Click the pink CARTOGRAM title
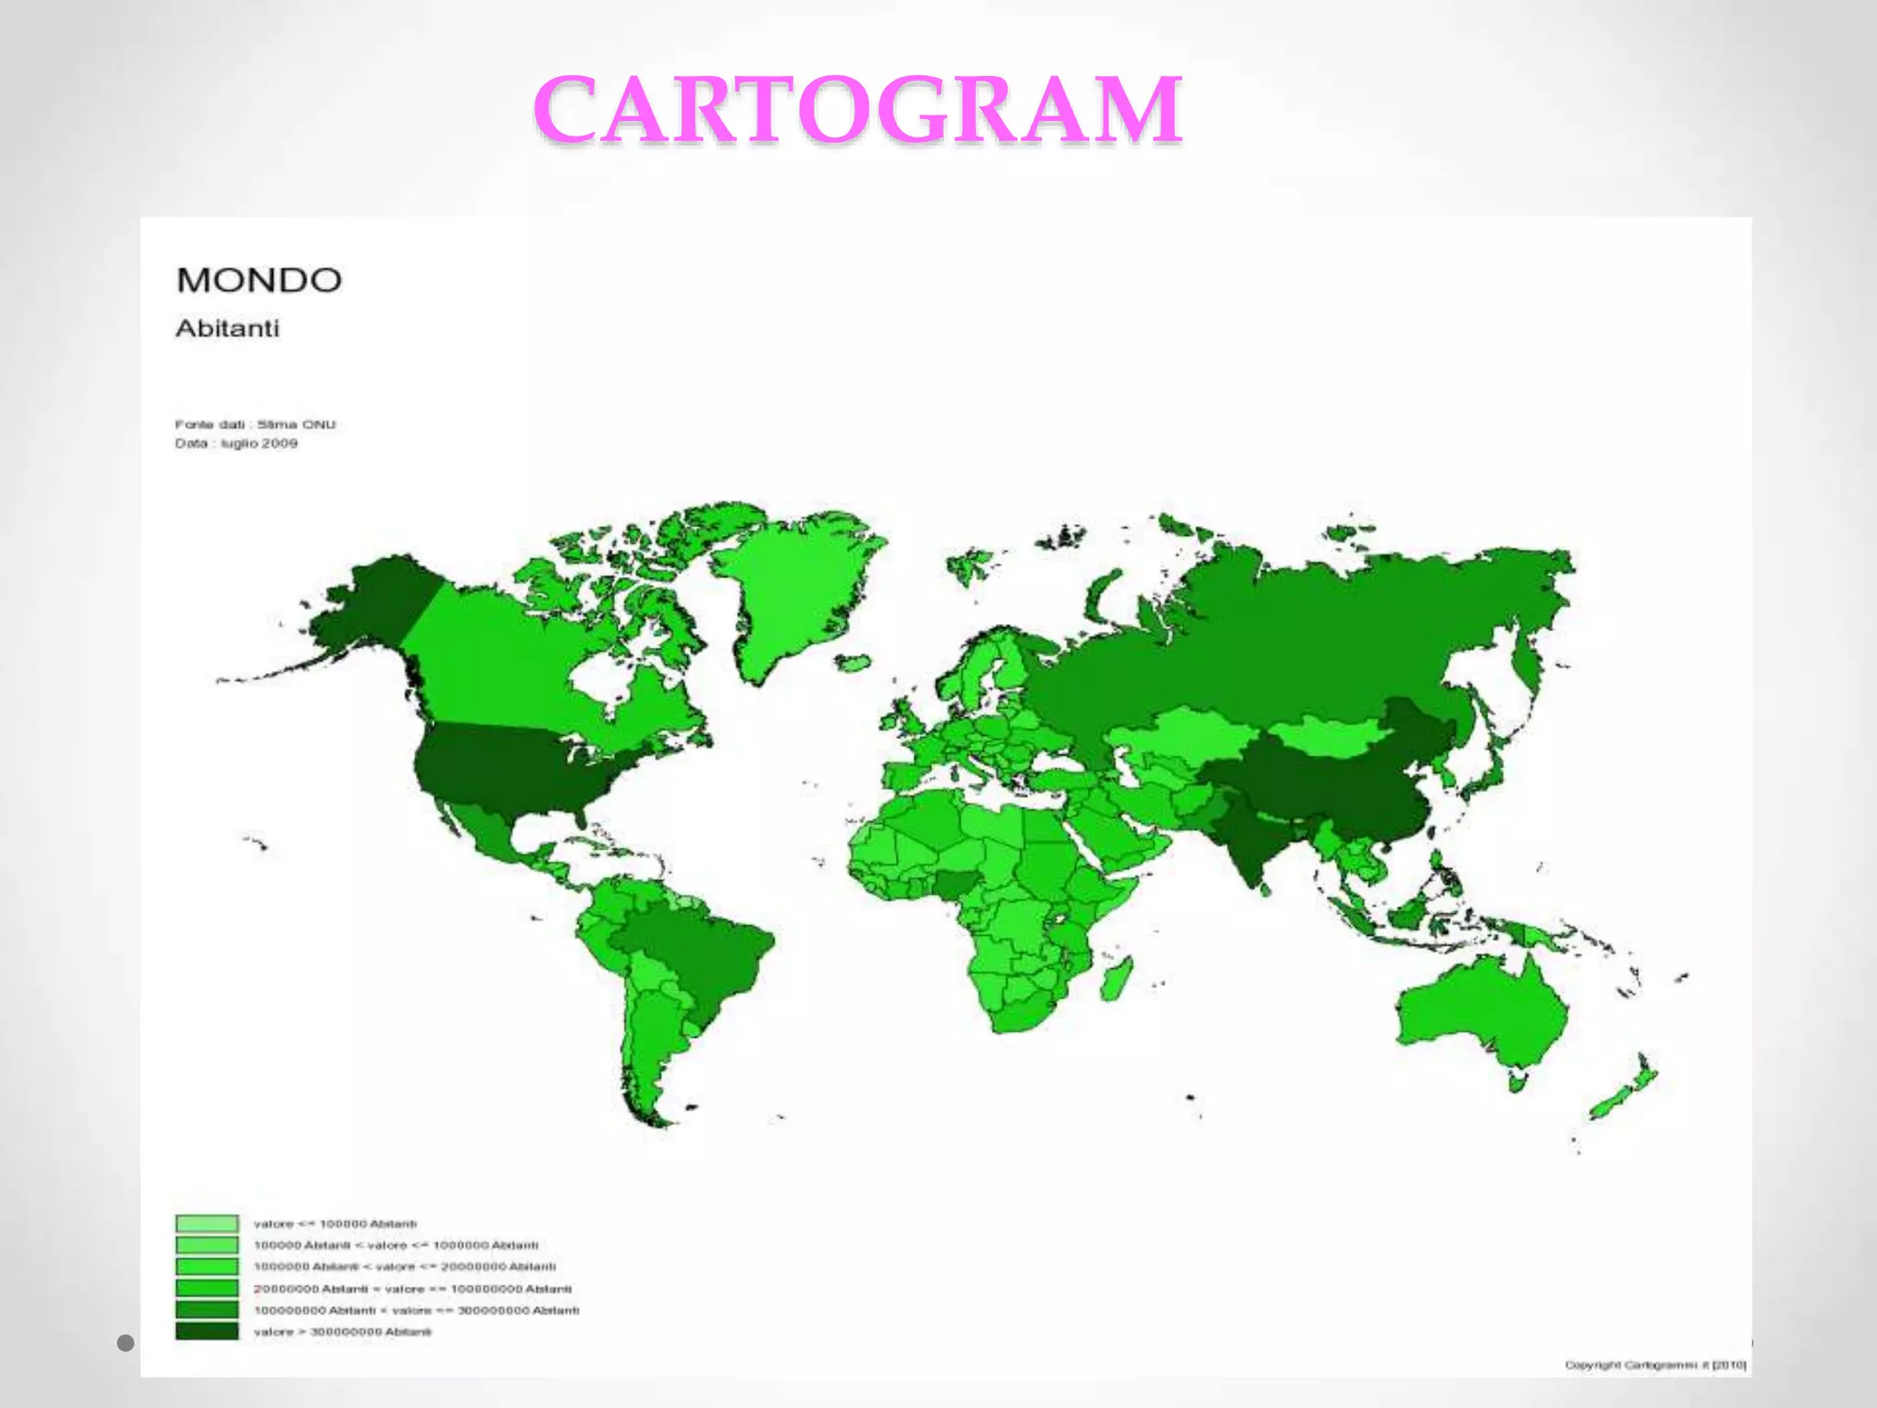[x=858, y=110]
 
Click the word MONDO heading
[x=258, y=280]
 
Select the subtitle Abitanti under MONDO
[x=226, y=328]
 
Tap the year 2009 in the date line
[x=280, y=444]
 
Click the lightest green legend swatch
[x=207, y=1223]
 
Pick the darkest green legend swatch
[x=207, y=1331]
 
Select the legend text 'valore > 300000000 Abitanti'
[x=342, y=1332]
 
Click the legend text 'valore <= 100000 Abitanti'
[x=335, y=1224]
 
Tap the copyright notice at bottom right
[x=1655, y=1365]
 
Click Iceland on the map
[x=853, y=662]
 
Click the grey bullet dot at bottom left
[x=126, y=1343]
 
